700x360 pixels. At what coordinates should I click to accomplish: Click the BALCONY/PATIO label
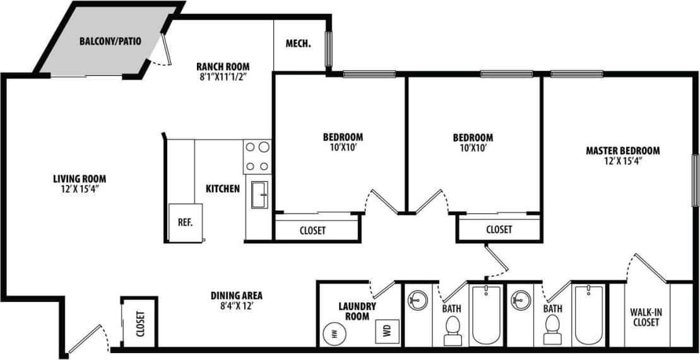point(110,42)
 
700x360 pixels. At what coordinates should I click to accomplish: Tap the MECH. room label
point(299,44)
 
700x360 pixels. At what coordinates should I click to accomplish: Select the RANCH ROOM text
point(222,66)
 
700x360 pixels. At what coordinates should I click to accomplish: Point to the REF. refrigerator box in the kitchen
point(185,222)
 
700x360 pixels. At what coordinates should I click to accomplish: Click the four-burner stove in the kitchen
point(257,157)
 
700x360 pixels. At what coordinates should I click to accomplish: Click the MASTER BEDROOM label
point(622,150)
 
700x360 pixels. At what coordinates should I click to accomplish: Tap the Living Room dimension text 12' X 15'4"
point(79,188)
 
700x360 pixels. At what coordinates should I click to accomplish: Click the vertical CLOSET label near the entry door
point(139,323)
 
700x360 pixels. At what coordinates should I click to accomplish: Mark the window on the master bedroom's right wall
point(696,179)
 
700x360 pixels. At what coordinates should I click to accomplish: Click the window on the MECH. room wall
point(328,48)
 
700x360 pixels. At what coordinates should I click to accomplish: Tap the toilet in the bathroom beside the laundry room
point(453,330)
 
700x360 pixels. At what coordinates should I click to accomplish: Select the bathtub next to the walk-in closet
point(588,314)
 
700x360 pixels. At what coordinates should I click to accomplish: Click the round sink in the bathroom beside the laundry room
point(418,298)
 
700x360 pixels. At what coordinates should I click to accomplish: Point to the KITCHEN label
point(222,188)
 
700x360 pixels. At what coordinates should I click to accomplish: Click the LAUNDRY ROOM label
point(357,311)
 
